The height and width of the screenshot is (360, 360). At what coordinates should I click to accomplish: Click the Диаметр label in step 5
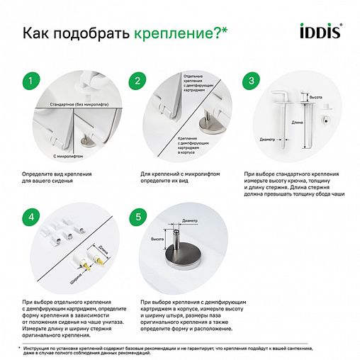tap(190, 222)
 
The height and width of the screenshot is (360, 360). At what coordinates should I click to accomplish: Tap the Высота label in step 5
tap(158, 240)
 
